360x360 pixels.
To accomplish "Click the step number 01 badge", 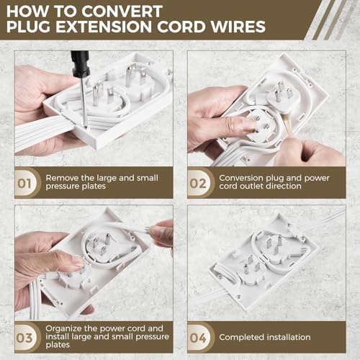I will coord(25,183).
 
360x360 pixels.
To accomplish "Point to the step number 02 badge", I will coord(199,183).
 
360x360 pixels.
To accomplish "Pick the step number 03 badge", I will coord(25,336).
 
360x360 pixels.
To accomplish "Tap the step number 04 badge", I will coord(199,336).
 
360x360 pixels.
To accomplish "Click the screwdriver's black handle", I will coord(80,64).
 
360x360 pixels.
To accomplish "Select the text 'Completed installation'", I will coord(265,337).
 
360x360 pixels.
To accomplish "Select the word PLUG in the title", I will coord(32,30).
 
